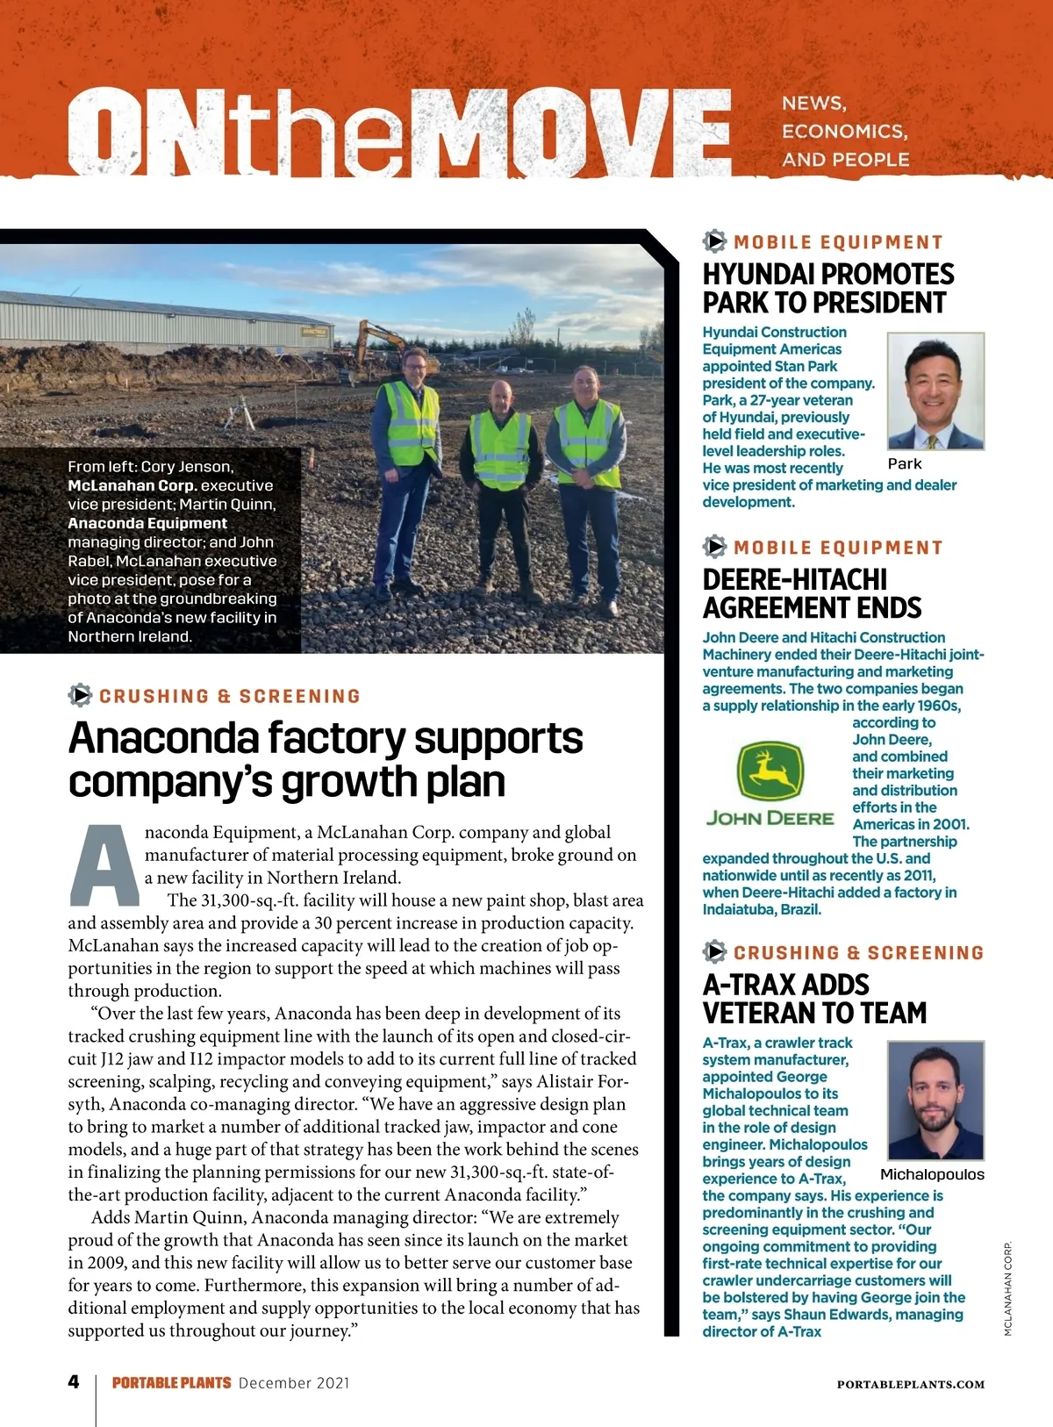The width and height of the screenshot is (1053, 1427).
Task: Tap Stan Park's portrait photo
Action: point(935,391)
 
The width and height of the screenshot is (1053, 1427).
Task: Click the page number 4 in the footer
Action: point(74,1381)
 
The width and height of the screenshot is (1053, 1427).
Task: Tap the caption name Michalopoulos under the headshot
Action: point(932,1174)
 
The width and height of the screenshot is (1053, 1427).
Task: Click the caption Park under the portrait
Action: point(905,463)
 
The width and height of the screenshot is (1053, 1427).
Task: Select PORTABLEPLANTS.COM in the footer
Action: point(910,1384)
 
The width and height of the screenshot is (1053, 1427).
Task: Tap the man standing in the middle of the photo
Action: point(502,474)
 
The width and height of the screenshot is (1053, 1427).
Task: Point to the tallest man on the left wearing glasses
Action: point(410,465)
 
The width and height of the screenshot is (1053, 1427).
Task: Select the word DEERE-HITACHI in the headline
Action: point(795,580)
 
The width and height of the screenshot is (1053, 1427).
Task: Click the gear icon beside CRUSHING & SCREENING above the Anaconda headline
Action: point(80,695)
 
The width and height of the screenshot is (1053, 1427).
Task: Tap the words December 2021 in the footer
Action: point(294,1383)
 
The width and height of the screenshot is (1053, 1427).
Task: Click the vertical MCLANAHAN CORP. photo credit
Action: point(1008,1287)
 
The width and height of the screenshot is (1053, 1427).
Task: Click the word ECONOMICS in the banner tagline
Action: point(844,132)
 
